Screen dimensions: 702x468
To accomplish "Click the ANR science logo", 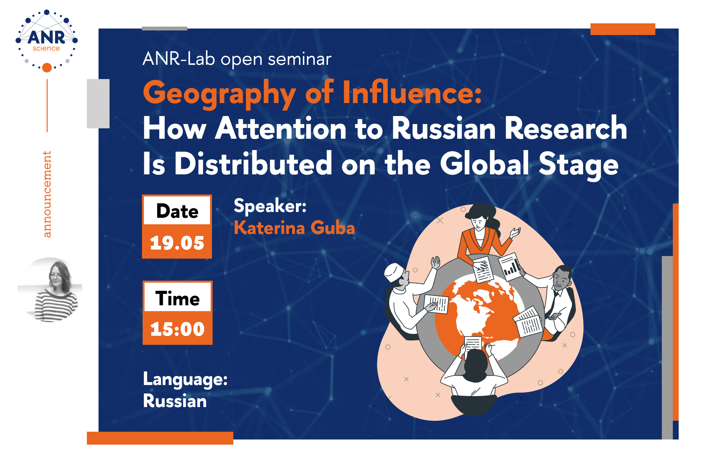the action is (x=47, y=41).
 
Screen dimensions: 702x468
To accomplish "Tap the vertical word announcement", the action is (x=47, y=194).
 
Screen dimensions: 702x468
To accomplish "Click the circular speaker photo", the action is (x=50, y=289).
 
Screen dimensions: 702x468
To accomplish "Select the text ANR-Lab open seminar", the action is (x=237, y=59).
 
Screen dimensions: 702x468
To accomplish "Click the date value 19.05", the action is (x=177, y=243).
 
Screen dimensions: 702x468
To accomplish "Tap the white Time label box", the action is (x=178, y=298).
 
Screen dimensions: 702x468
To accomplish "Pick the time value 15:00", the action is (x=177, y=329).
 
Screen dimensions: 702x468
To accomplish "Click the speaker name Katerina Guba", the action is (x=294, y=228).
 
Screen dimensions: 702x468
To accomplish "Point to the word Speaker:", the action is (x=270, y=205).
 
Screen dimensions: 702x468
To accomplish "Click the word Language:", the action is (x=185, y=379).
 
